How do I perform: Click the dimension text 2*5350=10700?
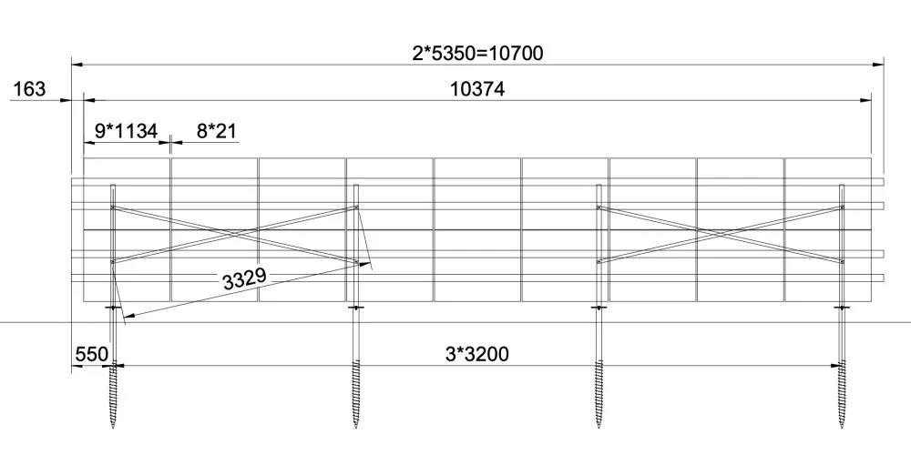pyautogui.click(x=477, y=54)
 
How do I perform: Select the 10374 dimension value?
pyautogui.click(x=477, y=89)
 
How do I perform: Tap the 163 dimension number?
pyautogui.click(x=28, y=89)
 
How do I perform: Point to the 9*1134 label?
pyautogui.click(x=126, y=131)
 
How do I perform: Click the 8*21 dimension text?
pyautogui.click(x=217, y=131)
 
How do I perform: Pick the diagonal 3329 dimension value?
pyautogui.click(x=244, y=278)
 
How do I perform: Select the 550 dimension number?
pyautogui.click(x=91, y=354)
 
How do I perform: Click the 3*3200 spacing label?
pyautogui.click(x=476, y=354)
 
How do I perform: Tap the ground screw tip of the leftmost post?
pyautogui.click(x=113, y=427)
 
